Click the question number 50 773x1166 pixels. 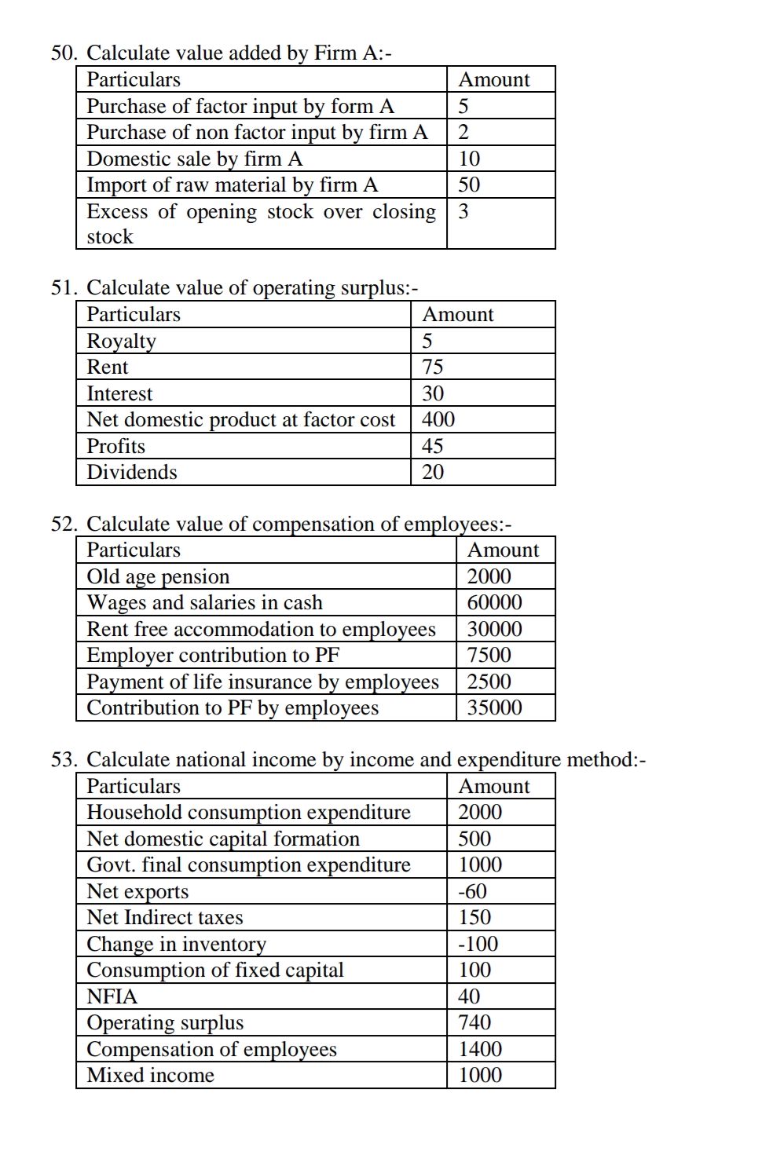click(64, 53)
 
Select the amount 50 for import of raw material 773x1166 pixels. click(469, 185)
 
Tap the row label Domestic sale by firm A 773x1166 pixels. click(194, 159)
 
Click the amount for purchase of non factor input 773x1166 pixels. click(463, 132)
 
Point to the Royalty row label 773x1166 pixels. click(121, 341)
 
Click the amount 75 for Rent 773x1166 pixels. click(432, 367)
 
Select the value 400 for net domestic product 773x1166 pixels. click(438, 419)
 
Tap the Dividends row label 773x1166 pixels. click(131, 472)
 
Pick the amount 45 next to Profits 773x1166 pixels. click(432, 446)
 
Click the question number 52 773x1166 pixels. click(64, 524)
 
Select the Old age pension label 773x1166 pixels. click(158, 576)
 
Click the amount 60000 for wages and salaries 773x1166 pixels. click(494, 602)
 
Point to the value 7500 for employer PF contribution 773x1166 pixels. click(489, 655)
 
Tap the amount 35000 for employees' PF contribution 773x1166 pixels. click(494, 707)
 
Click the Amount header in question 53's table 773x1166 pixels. click(493, 786)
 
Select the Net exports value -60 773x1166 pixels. click(472, 891)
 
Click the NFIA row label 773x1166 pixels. click(112, 996)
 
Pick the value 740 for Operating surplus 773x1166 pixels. click(474, 1022)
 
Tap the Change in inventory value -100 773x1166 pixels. click(478, 944)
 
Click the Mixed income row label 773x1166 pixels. click(150, 1075)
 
